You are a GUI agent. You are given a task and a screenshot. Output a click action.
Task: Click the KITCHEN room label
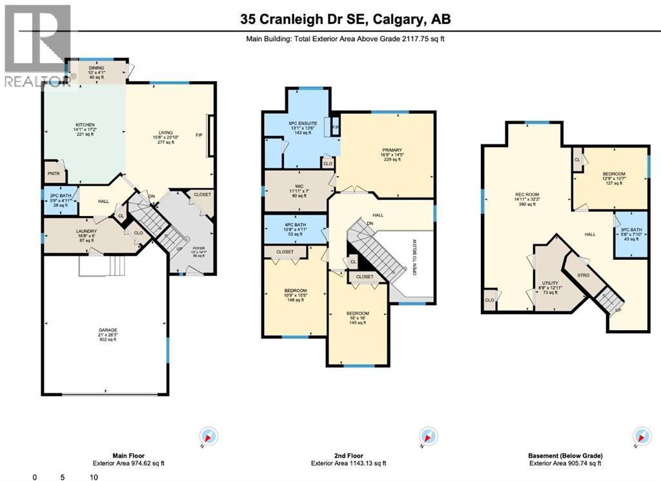(x=85, y=124)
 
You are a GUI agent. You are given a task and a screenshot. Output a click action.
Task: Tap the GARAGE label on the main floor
(x=108, y=330)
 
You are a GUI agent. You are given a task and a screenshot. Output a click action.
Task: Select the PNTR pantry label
(x=53, y=173)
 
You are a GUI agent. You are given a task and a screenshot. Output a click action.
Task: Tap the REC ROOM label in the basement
(x=527, y=195)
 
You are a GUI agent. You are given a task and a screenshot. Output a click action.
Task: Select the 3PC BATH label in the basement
(x=631, y=230)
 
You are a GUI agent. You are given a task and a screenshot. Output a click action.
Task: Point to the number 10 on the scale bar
(x=94, y=477)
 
